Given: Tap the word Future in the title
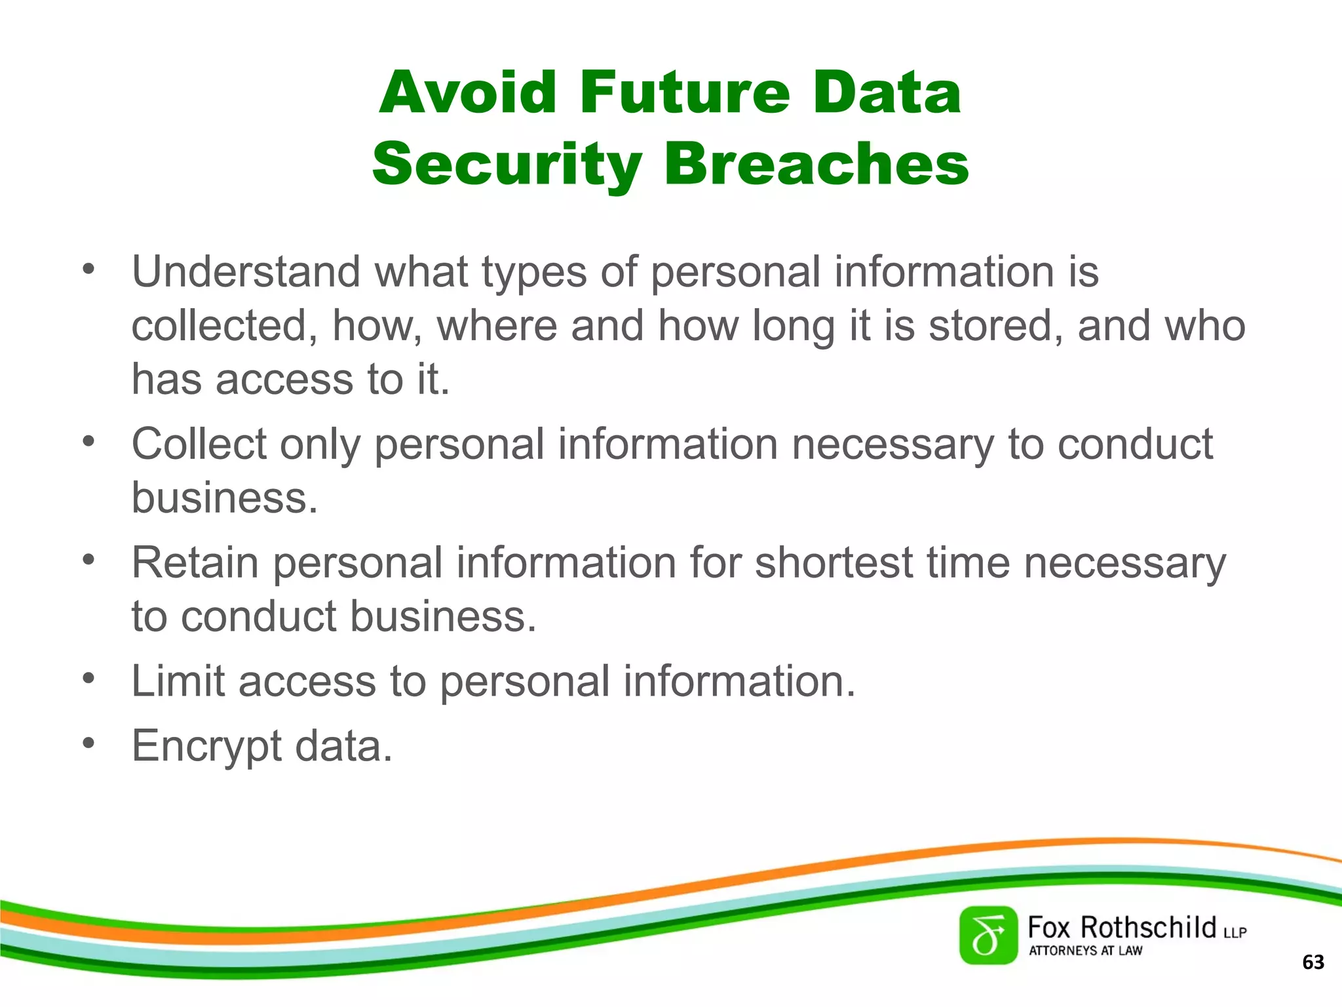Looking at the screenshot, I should pos(685,92).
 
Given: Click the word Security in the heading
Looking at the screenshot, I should pos(507,164).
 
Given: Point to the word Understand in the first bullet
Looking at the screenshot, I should pos(246,271).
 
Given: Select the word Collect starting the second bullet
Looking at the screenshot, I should pos(199,444).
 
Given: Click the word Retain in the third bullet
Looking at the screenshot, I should pos(195,563).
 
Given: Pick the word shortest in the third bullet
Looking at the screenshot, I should pos(834,563).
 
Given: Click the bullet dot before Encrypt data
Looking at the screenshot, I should pos(89,743).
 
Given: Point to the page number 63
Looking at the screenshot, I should pos(1313,962).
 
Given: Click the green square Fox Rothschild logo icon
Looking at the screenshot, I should pos(988,936).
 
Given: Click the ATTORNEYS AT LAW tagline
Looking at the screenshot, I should pos(1085,951).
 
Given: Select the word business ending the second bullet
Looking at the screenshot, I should pos(224,498).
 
